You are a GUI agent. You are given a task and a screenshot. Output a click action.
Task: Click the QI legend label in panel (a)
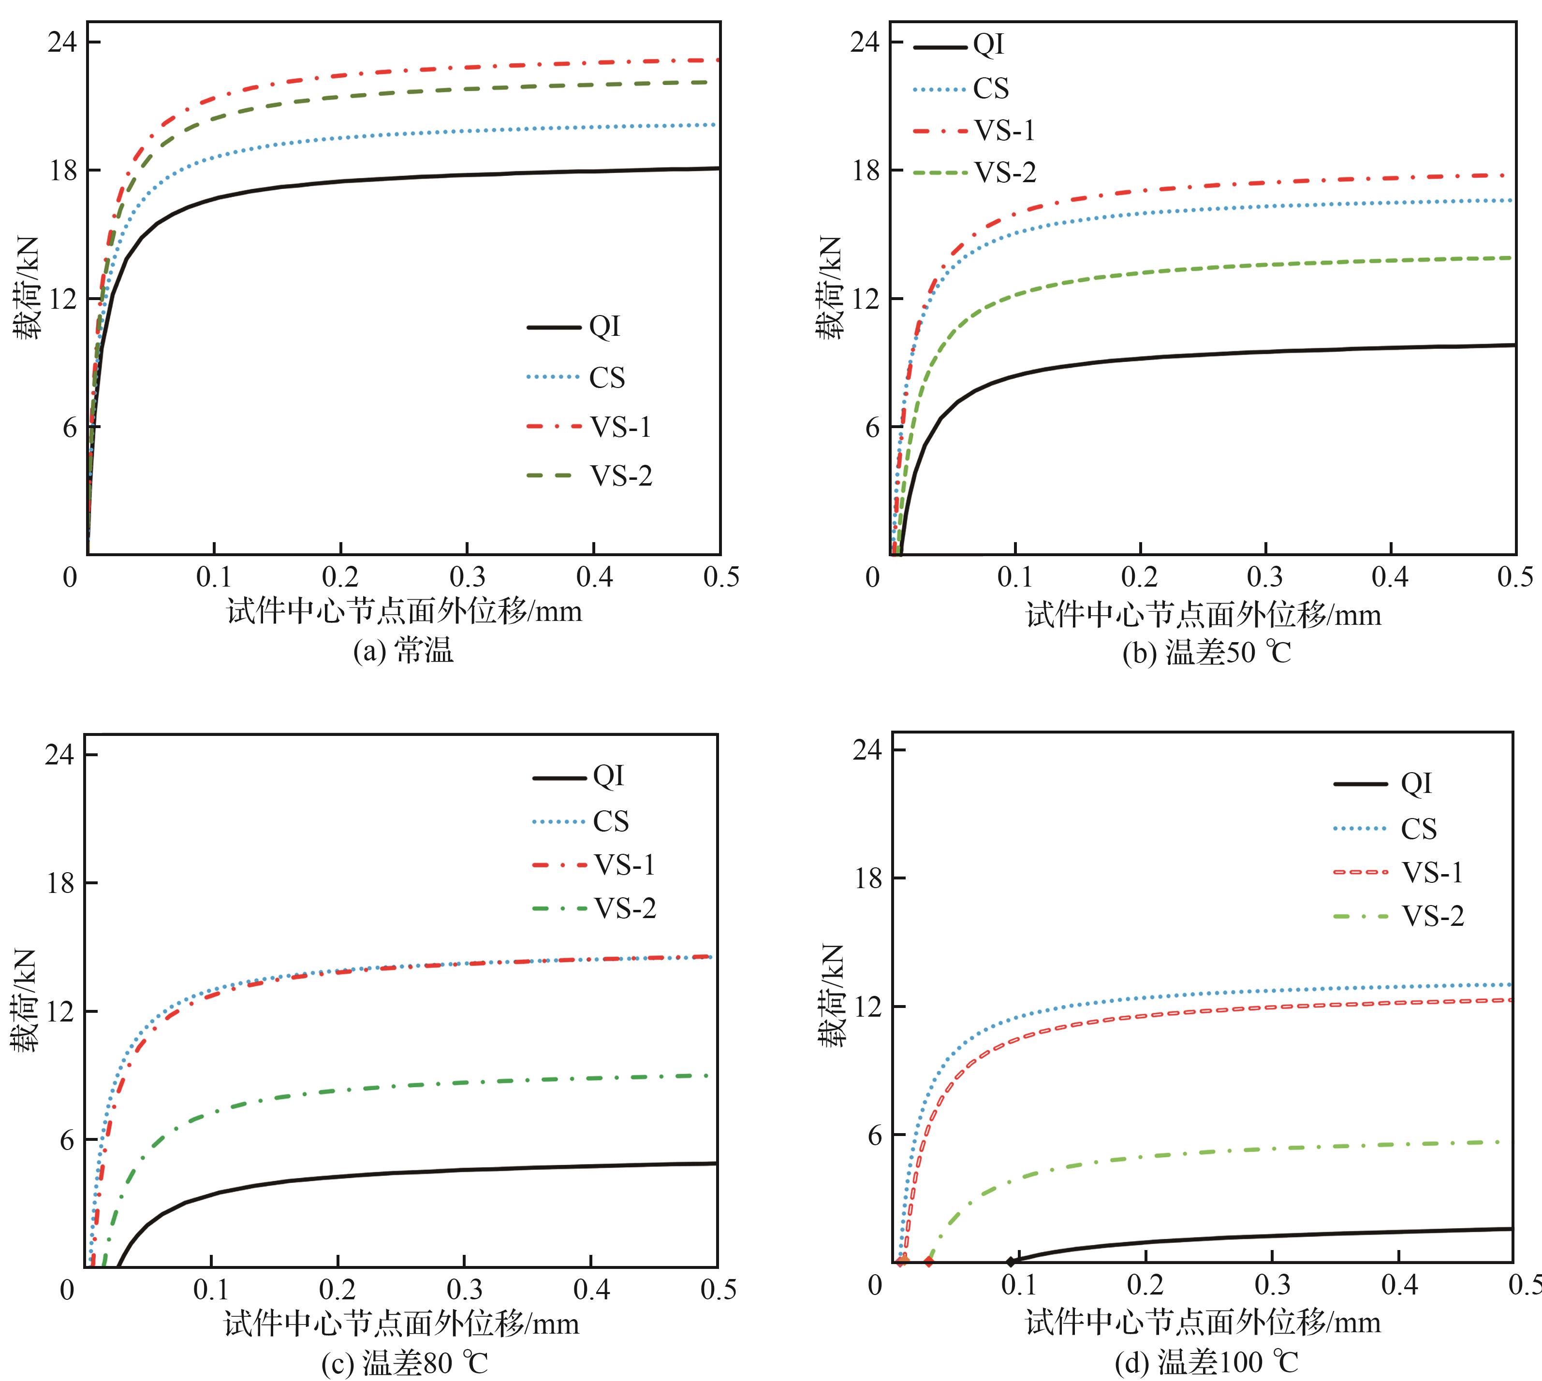point(605,327)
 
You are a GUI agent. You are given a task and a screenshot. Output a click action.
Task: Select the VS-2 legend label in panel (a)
point(621,476)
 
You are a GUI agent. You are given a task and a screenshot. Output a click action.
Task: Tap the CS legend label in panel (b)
point(991,89)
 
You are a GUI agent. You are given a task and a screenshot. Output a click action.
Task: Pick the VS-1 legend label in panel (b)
point(1004,131)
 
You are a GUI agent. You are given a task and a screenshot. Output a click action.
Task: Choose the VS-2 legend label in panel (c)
point(624,908)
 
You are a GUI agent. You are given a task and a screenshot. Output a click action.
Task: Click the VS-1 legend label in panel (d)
point(1432,873)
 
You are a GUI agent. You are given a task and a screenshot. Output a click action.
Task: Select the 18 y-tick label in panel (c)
point(61,883)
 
